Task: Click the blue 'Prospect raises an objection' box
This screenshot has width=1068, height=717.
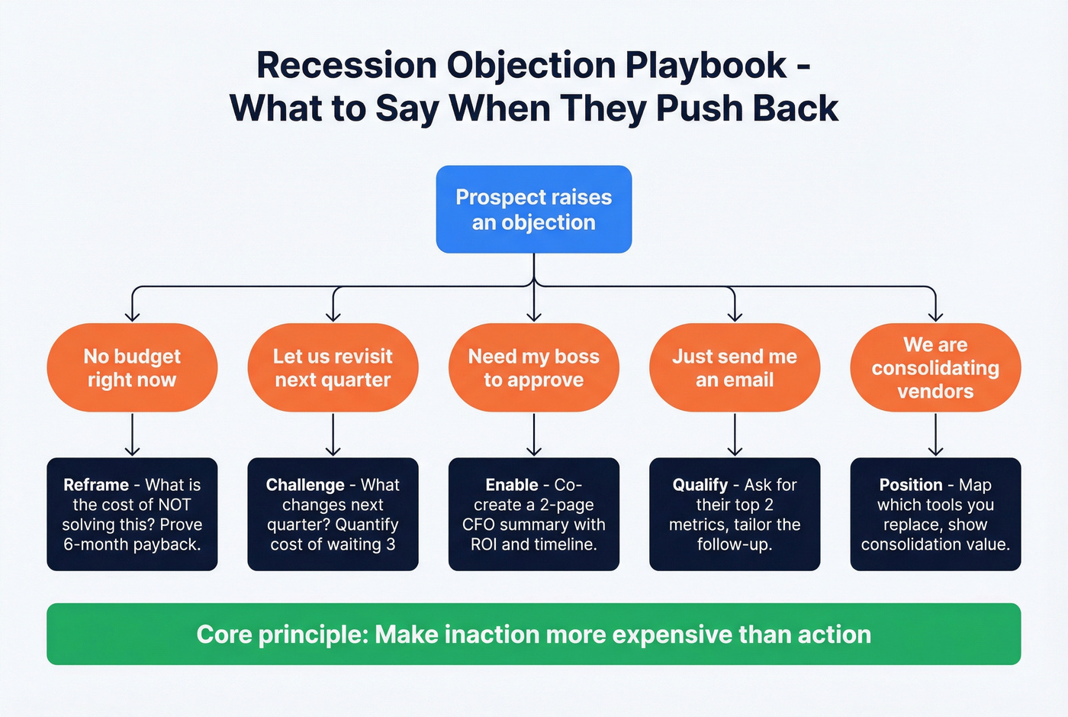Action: click(533, 209)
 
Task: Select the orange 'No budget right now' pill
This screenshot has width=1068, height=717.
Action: click(132, 367)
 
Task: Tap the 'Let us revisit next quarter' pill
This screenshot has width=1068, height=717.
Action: click(333, 367)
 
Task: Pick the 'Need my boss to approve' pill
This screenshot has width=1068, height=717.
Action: click(533, 367)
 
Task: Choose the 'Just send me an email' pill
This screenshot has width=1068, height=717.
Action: click(734, 367)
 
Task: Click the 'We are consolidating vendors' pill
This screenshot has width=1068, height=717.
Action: click(935, 367)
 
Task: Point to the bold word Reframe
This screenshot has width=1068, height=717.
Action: click(96, 485)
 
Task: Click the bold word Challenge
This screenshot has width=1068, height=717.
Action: click(305, 485)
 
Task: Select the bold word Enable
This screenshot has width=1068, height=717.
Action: click(512, 485)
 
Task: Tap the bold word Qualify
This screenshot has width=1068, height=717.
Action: click(700, 485)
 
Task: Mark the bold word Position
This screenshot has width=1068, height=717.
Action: click(910, 485)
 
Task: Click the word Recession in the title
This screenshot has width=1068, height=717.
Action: click(347, 66)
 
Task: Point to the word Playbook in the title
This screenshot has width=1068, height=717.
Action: click(706, 66)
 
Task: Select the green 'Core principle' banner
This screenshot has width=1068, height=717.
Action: click(533, 634)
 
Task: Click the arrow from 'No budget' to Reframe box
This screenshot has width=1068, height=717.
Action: click(132, 434)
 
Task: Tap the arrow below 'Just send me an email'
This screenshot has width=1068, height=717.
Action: click(734, 434)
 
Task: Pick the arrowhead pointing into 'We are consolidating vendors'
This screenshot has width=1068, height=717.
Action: click(935, 315)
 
